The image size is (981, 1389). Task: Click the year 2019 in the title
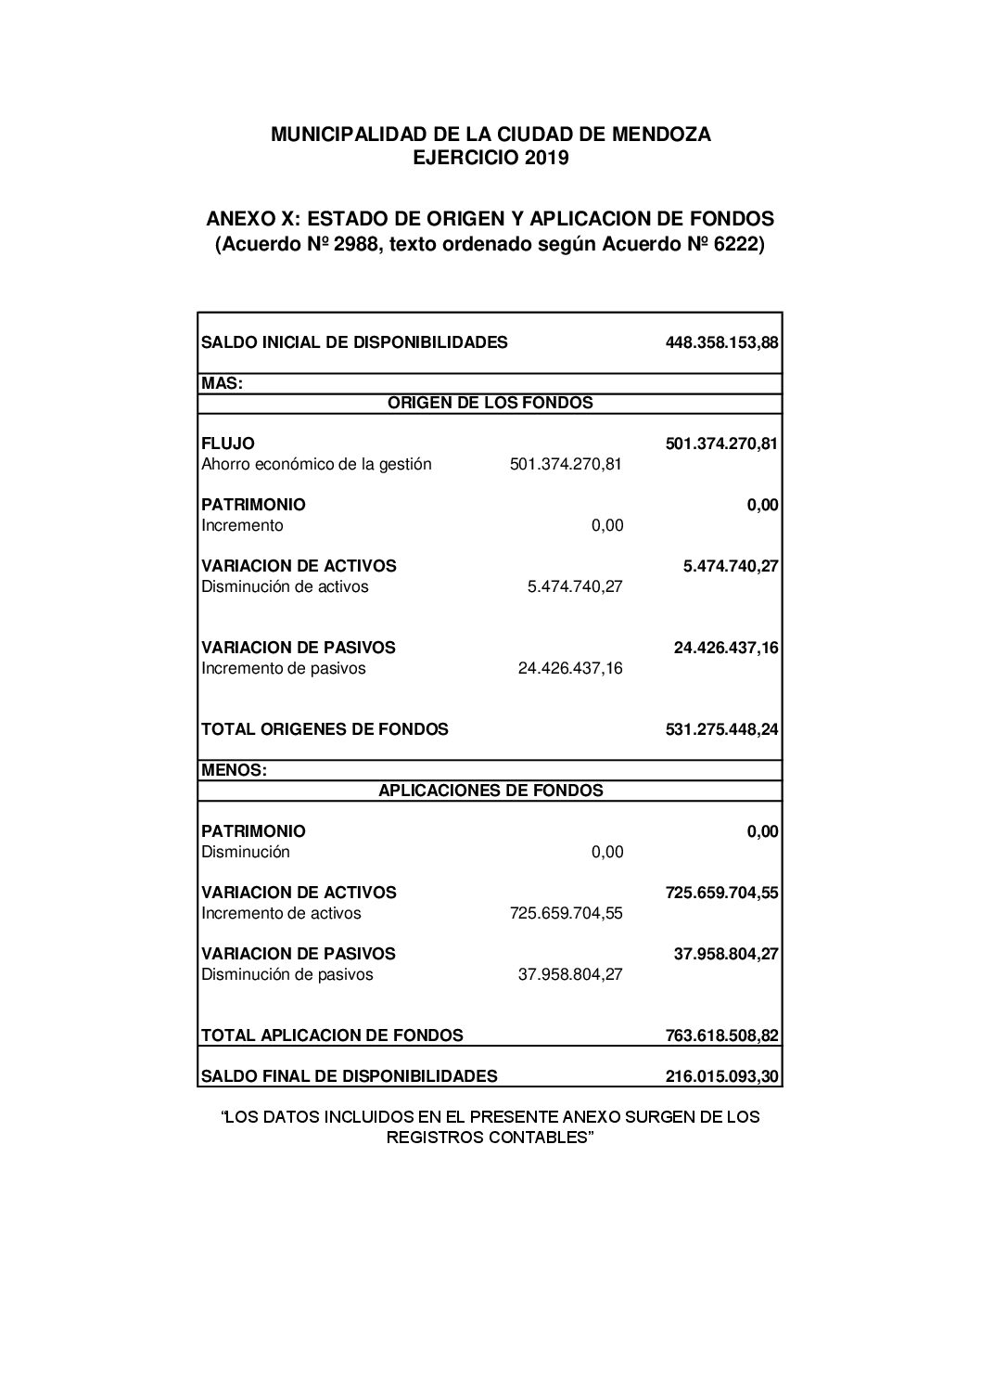coord(546,159)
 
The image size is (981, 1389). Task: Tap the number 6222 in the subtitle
coord(736,245)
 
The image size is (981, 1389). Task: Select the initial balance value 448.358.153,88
coord(721,342)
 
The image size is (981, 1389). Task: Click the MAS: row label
coord(223,383)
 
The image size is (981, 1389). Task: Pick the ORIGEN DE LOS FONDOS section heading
coord(490,403)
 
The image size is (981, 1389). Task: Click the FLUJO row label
coord(228,444)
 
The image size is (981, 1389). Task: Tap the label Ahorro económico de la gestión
coord(316,464)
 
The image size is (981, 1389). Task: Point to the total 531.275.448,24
coord(721,729)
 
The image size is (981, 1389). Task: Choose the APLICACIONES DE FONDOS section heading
coord(490,791)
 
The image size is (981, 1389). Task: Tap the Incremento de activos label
coord(281,913)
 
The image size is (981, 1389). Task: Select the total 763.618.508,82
coord(721,1035)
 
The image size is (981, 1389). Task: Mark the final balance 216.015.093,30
coord(721,1076)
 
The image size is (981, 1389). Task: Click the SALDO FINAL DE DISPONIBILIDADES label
coord(349,1076)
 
